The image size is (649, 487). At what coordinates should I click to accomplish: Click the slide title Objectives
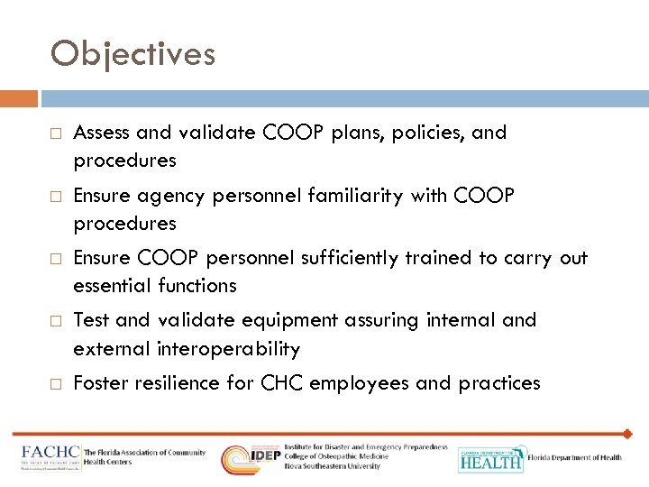click(133, 55)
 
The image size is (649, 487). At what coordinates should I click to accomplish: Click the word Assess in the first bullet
click(101, 133)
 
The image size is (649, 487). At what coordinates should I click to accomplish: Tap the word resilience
click(176, 383)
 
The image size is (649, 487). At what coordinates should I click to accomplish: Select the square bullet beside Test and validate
click(56, 321)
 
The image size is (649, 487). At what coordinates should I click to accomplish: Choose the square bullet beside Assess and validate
click(56, 133)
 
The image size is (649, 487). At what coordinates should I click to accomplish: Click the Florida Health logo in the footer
click(490, 459)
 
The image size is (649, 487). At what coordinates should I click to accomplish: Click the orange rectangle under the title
click(19, 97)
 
